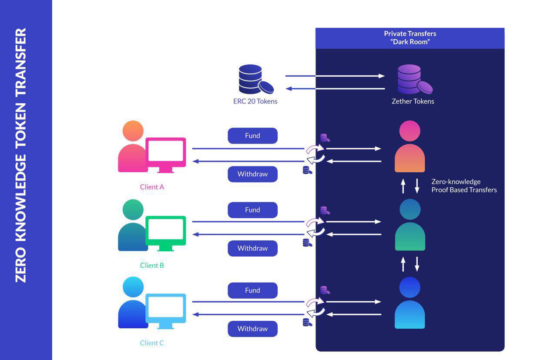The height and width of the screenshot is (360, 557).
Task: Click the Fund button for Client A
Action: pyautogui.click(x=252, y=136)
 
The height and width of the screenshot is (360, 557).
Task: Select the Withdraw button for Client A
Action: pyautogui.click(x=252, y=174)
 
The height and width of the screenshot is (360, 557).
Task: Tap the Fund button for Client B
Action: pyautogui.click(x=252, y=210)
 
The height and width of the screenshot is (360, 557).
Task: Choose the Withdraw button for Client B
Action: pyautogui.click(x=252, y=248)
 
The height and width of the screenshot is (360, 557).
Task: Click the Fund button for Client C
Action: pyautogui.click(x=252, y=290)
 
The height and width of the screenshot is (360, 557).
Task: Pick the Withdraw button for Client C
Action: pyautogui.click(x=252, y=329)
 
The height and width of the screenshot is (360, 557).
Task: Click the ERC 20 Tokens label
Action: pyautogui.click(x=255, y=101)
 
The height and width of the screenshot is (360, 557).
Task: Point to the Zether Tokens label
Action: pyautogui.click(x=413, y=101)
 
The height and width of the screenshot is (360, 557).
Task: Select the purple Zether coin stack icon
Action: pyautogui.click(x=413, y=80)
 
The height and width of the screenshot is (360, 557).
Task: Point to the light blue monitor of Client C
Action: pyautogui.click(x=165, y=309)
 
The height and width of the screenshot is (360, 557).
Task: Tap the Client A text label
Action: pyautogui.click(x=152, y=187)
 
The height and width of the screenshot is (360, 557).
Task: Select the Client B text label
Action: pyautogui.click(x=152, y=265)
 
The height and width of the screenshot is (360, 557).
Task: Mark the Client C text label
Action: pyautogui.click(x=152, y=343)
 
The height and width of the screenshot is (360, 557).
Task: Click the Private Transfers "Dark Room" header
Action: pyautogui.click(x=409, y=38)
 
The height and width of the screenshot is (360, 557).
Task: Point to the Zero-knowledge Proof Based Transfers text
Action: pyautogui.click(x=463, y=186)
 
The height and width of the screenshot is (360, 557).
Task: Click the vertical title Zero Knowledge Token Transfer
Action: pyautogui.click(x=21, y=155)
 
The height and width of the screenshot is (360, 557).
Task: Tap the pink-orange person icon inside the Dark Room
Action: pyautogui.click(x=409, y=148)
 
